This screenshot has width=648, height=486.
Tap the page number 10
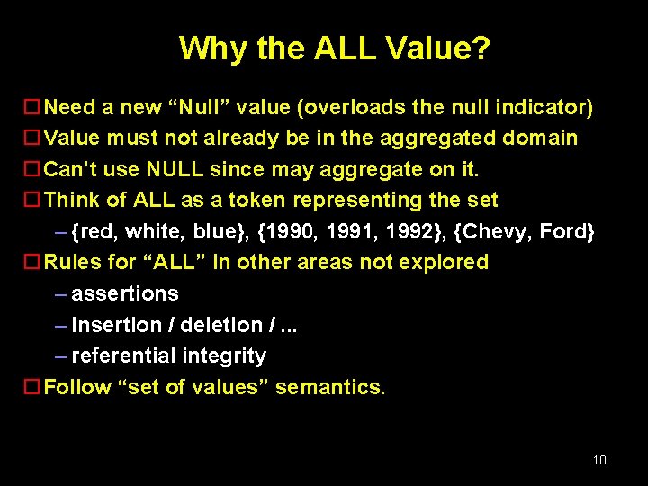click(x=599, y=460)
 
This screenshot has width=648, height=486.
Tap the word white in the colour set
click(x=154, y=231)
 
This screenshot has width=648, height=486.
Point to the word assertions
click(x=125, y=293)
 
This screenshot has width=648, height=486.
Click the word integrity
click(x=224, y=356)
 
